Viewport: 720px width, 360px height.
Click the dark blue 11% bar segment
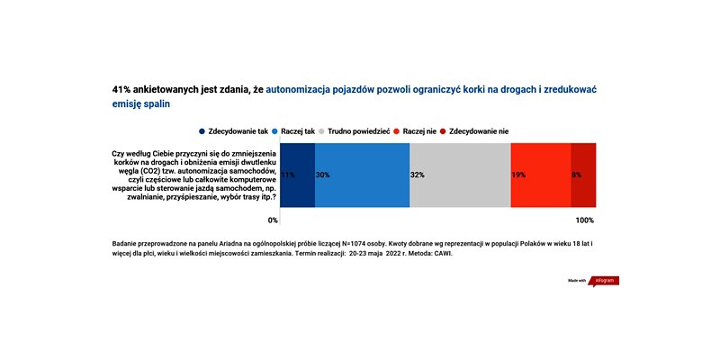[x=298, y=175]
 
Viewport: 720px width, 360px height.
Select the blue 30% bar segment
[x=363, y=175]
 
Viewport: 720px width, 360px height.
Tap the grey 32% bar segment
[x=460, y=175]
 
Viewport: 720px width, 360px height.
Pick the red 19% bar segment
[x=541, y=175]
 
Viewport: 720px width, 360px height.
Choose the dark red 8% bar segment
[x=583, y=175]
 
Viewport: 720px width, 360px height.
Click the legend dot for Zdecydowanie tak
[x=202, y=131]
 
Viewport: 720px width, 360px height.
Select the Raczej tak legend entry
[x=295, y=131]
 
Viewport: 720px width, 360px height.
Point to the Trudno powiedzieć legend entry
[x=355, y=131]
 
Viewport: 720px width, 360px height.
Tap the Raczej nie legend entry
[x=416, y=131]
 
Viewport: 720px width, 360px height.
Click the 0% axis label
[x=274, y=220]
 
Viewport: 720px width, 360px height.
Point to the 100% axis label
[x=585, y=220]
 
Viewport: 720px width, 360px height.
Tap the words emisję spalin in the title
[x=141, y=104]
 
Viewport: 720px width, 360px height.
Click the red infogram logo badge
[x=606, y=281]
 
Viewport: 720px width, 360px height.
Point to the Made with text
[x=577, y=281]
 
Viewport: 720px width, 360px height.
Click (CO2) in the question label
[x=131, y=171]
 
